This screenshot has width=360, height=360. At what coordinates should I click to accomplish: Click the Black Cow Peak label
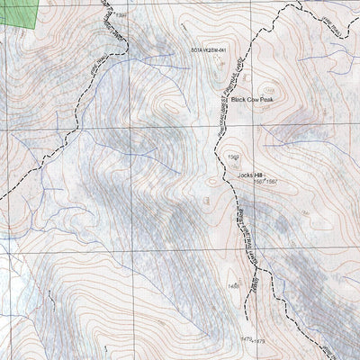coord(252,101)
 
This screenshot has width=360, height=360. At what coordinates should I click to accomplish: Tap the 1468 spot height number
coord(235,286)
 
